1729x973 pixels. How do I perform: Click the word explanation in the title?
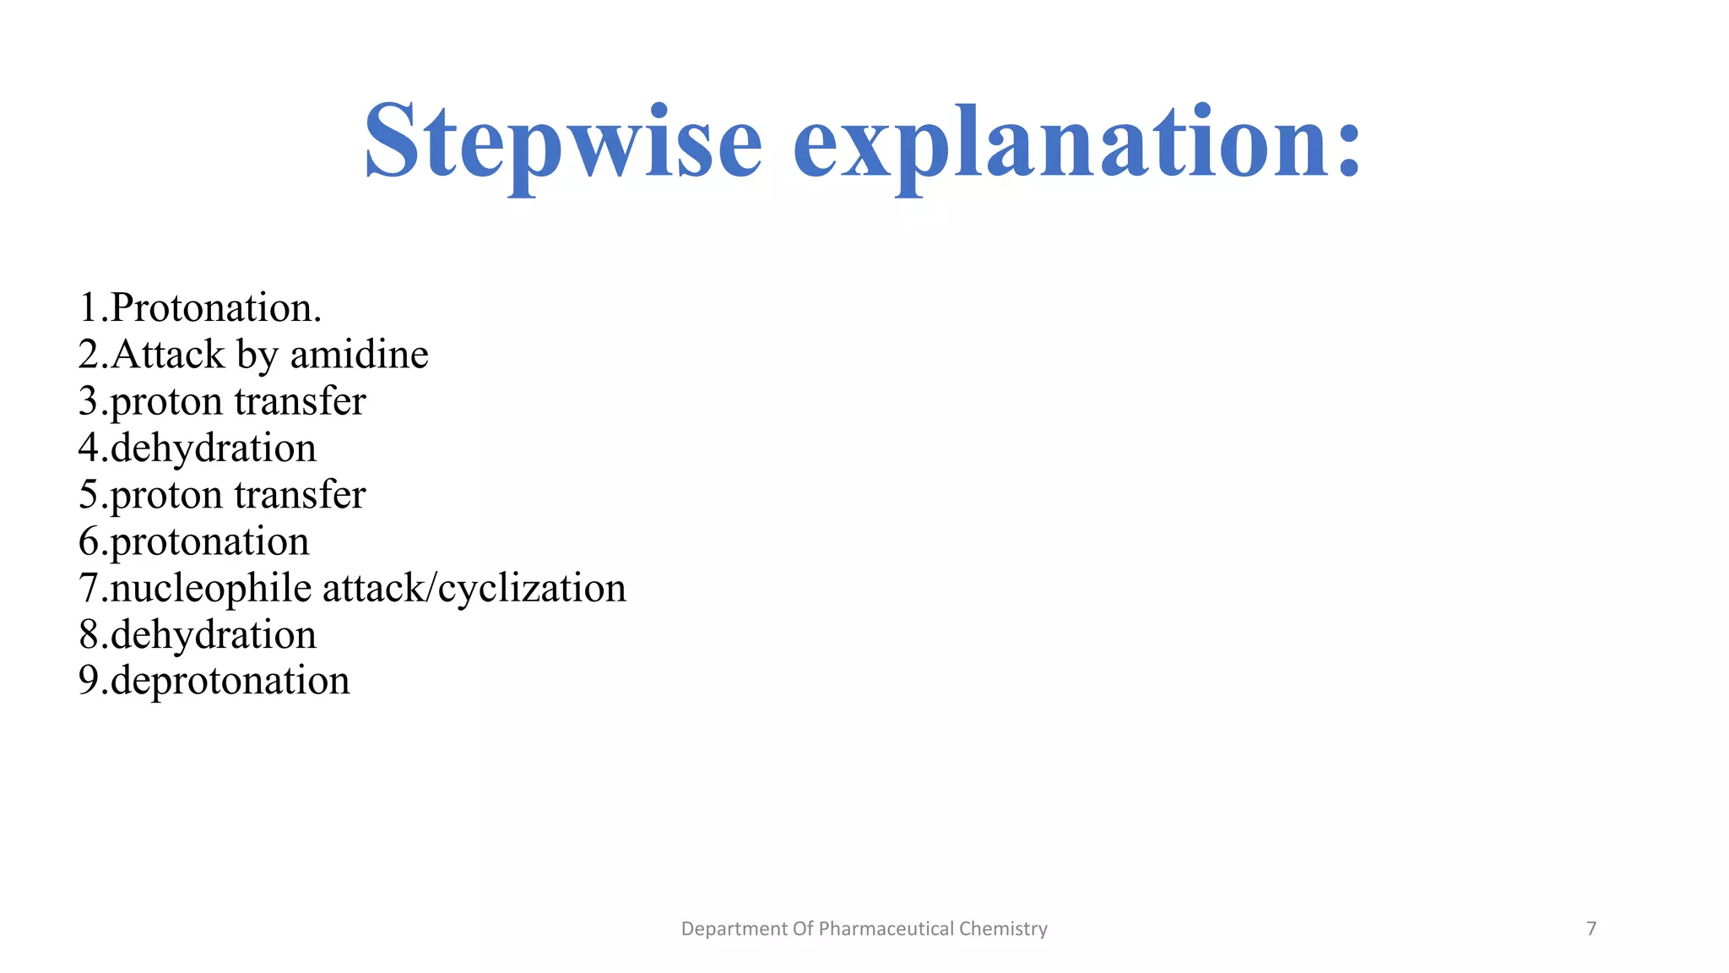tap(1060, 142)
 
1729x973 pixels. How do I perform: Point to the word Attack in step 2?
tap(167, 354)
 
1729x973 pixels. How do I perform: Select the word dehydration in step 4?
tap(213, 448)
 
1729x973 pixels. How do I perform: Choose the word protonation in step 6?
tap(209, 541)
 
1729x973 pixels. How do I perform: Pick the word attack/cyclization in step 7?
tap(474, 588)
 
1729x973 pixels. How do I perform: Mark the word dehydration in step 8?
tap(213, 634)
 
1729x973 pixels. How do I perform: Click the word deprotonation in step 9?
tap(230, 681)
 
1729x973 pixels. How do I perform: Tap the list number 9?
tap(89, 681)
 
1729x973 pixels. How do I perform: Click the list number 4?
tap(89, 448)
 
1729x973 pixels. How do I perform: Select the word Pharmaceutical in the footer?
tap(886, 929)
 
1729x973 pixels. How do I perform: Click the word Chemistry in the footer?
tap(1003, 929)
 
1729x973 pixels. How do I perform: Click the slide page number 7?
tap(1591, 929)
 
